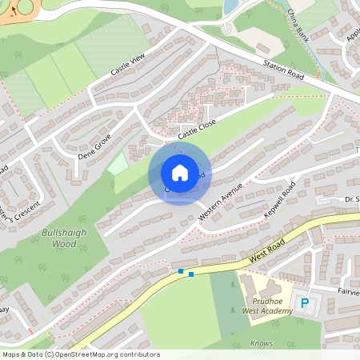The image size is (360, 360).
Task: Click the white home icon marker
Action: tap(180, 172)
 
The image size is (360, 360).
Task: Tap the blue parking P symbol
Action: tap(304, 302)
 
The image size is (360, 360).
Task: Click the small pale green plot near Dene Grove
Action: tap(117, 164)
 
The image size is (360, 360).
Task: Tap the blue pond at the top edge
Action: tap(230, 7)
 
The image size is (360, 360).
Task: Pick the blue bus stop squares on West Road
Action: tap(186, 273)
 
